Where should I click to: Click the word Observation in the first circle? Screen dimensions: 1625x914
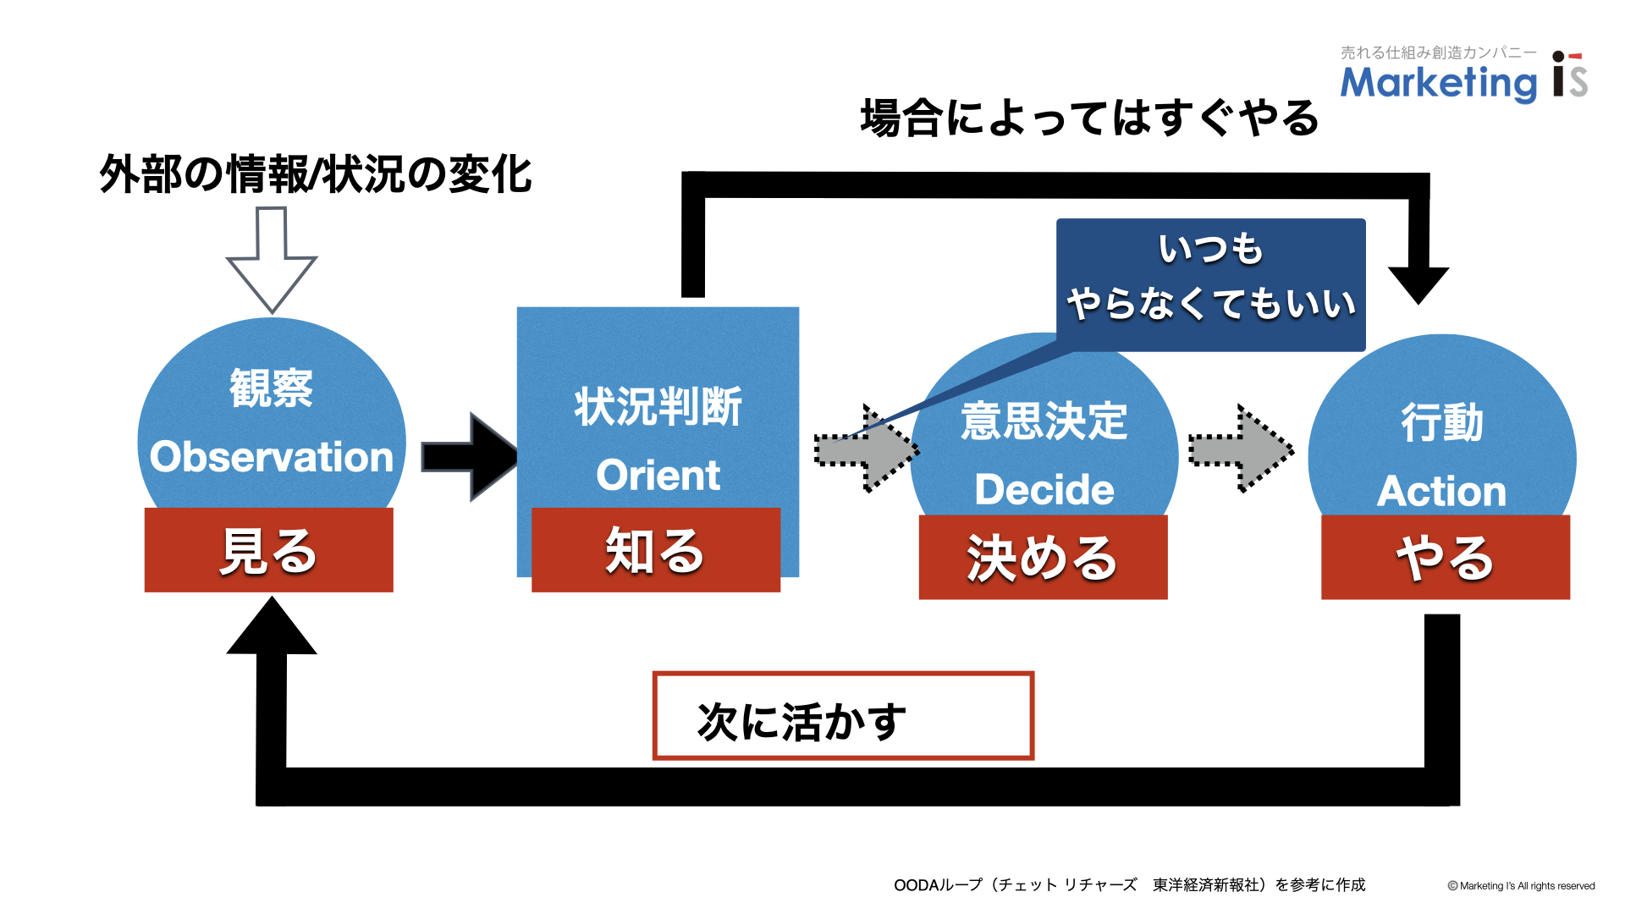[x=272, y=457]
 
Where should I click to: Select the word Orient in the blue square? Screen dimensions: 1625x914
[x=658, y=475]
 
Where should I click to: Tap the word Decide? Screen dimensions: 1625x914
[x=1044, y=490]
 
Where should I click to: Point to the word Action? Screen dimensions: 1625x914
[x=1441, y=492]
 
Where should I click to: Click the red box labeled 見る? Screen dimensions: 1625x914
[x=269, y=550]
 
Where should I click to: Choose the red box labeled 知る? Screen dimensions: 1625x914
[x=656, y=550]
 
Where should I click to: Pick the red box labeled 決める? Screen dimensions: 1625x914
[x=1044, y=558]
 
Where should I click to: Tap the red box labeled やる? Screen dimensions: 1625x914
[x=1446, y=558]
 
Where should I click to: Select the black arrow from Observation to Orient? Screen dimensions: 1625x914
[x=471, y=457]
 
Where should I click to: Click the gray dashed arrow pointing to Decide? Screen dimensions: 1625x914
[x=868, y=449]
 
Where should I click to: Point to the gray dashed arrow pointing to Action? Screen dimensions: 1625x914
[x=1242, y=449]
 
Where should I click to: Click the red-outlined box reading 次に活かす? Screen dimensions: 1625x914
[x=844, y=716]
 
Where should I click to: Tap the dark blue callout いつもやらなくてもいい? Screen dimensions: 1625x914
[x=1211, y=285]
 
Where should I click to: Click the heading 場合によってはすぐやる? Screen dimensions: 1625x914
[x=1090, y=118]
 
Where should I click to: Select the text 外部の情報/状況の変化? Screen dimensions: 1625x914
[x=316, y=174]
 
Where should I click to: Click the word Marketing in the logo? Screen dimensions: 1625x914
[x=1439, y=83]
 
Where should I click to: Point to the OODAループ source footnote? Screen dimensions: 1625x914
[x=1130, y=885]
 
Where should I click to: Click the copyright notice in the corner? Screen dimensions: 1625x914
[x=1521, y=886]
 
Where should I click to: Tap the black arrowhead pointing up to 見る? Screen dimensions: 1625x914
[x=272, y=625]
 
